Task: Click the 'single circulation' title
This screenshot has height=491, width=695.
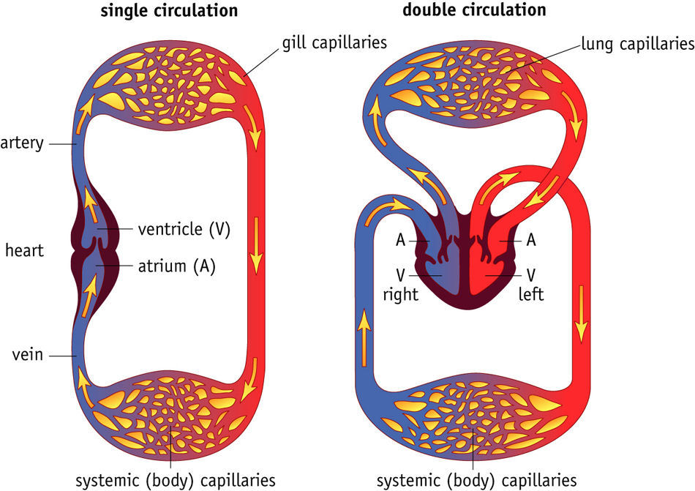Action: pyautogui.click(x=170, y=10)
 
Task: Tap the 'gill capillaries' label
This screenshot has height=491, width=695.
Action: pyautogui.click(x=334, y=42)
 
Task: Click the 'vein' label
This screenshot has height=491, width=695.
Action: pyautogui.click(x=27, y=356)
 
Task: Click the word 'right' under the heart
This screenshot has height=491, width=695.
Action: pyautogui.click(x=401, y=295)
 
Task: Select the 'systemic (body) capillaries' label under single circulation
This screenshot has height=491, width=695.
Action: pyautogui.click(x=176, y=481)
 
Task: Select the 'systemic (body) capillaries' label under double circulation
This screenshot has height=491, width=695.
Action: pyautogui.click(x=476, y=481)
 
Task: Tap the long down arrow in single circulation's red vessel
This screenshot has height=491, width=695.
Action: pyautogui.click(x=257, y=241)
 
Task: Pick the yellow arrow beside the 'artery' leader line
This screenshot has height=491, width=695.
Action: pyautogui.click(x=86, y=109)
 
